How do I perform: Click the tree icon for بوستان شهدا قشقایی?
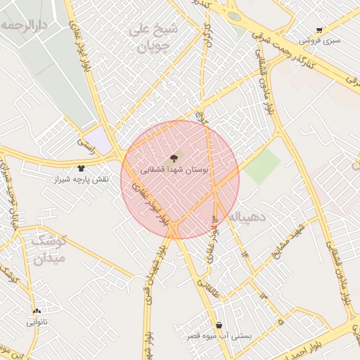click(x=174, y=157)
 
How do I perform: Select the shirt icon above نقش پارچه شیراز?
click(x=81, y=168)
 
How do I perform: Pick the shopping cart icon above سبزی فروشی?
click(x=319, y=30)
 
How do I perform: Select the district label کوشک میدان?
click(x=48, y=249)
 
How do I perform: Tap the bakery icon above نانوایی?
click(x=37, y=311)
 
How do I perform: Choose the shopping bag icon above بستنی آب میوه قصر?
click(x=220, y=325)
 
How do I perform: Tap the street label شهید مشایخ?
click(x=289, y=242)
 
